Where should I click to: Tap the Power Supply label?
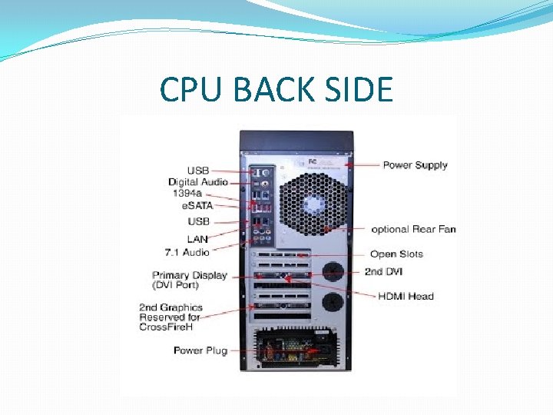(415, 165)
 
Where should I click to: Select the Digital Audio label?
(198, 182)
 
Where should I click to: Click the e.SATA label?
(197, 206)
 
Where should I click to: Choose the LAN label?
(197, 239)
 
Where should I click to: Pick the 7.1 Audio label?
(187, 252)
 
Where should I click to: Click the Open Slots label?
(396, 254)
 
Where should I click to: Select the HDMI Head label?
(406, 296)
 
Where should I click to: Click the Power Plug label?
(200, 350)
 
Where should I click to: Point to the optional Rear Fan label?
(413, 229)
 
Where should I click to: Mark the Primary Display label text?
(189, 275)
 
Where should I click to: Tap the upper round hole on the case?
(332, 271)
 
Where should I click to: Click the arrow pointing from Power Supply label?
(362, 164)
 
